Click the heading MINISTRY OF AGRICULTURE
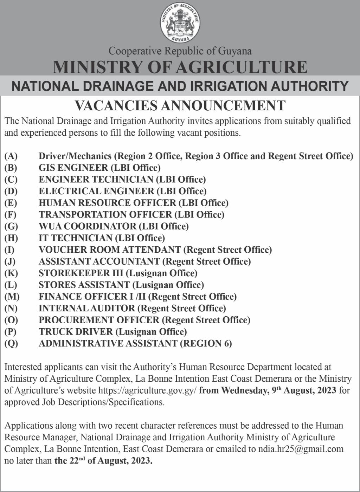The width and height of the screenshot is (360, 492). tap(180, 67)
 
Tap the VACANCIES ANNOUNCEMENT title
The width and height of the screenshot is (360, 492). tap(180, 105)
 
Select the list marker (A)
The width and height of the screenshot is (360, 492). tap(11, 156)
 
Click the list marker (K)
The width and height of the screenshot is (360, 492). tap(11, 273)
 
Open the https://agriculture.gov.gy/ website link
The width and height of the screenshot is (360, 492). tap(147, 390)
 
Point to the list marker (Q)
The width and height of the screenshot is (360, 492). tap(11, 343)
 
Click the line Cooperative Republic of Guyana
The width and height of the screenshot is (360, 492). tap(180, 51)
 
